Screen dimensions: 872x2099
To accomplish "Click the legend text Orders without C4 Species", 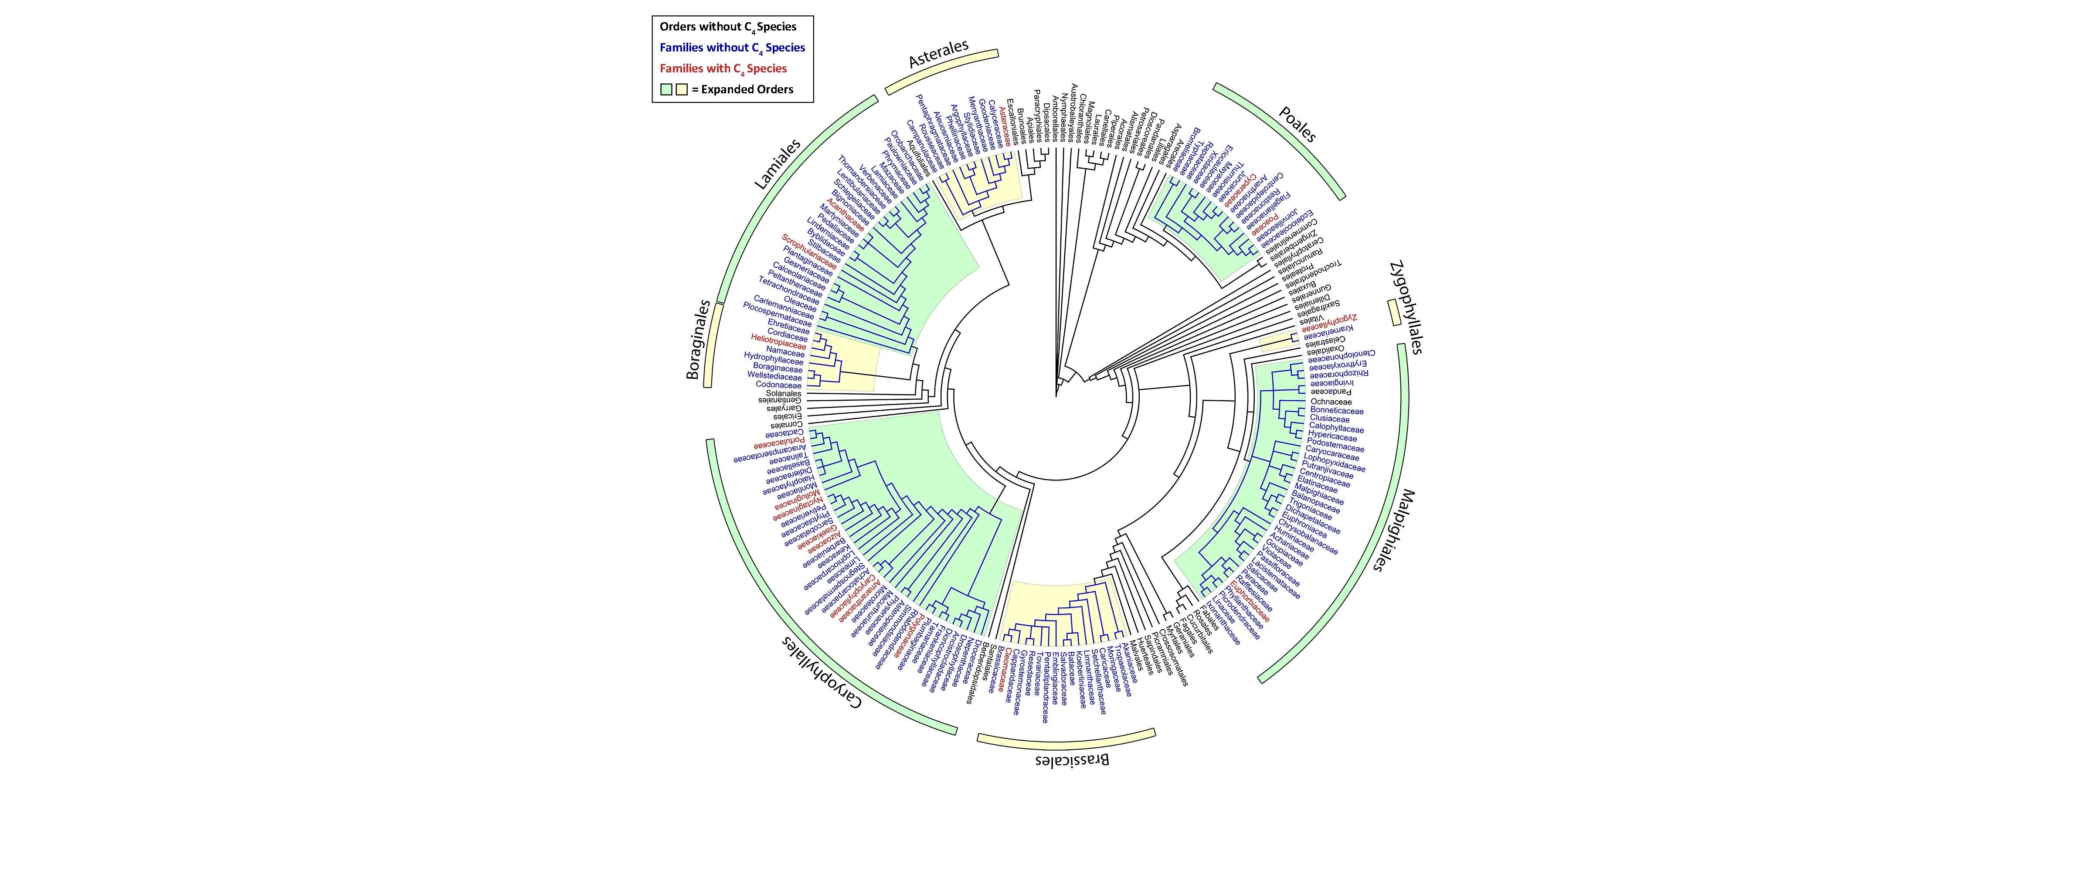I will click(728, 27).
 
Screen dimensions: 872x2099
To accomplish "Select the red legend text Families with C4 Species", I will click(723, 68).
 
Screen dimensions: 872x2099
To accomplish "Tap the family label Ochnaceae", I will click(1331, 402).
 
